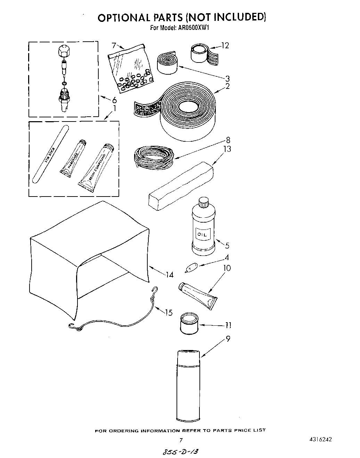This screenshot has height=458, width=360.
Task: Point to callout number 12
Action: click(x=225, y=45)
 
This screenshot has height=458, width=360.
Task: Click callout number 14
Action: click(x=169, y=275)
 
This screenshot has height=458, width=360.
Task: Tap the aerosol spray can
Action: click(x=188, y=385)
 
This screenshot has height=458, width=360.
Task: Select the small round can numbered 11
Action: click(x=188, y=323)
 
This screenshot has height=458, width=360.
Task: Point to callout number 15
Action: click(x=169, y=313)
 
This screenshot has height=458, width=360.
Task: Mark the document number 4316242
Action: click(x=320, y=439)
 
